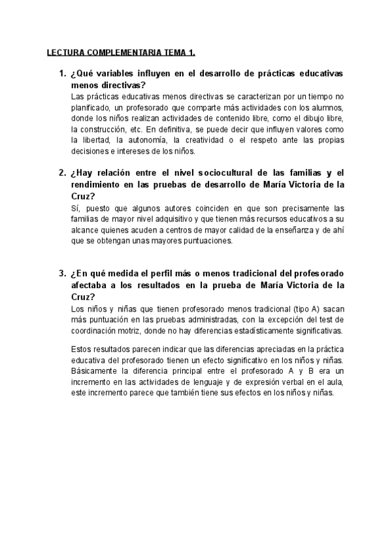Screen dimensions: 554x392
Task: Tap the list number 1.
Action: coord(61,74)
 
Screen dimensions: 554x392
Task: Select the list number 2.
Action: coord(61,172)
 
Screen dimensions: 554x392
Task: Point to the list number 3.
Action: coord(61,272)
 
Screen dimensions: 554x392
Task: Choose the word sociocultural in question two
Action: coord(213,172)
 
